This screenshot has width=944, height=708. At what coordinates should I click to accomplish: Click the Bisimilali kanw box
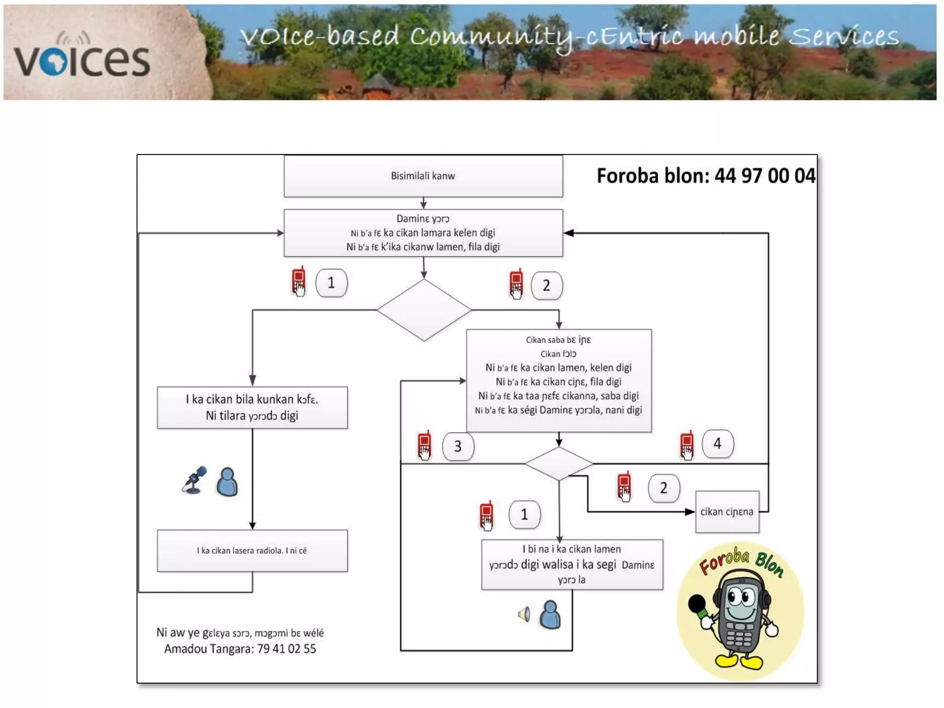423,176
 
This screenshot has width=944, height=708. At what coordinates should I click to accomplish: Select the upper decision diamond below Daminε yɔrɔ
424,310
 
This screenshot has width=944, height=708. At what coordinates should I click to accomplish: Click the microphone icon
195,480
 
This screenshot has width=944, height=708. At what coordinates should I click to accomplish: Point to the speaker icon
524,614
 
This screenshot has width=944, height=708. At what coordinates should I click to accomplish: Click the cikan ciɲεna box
727,512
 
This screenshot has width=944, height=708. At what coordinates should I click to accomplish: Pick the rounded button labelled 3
458,446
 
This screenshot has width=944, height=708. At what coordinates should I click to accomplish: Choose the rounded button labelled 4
717,443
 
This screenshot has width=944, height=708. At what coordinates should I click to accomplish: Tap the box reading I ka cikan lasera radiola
252,550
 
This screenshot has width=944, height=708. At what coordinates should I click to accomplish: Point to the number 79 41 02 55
287,649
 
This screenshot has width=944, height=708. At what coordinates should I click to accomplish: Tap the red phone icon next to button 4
687,445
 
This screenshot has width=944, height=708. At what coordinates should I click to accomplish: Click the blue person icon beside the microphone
227,482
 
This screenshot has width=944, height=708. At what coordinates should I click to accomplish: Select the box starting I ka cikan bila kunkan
252,407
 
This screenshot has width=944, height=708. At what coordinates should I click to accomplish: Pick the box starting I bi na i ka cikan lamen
572,565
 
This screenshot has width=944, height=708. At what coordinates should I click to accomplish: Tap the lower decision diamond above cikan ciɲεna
559,463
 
